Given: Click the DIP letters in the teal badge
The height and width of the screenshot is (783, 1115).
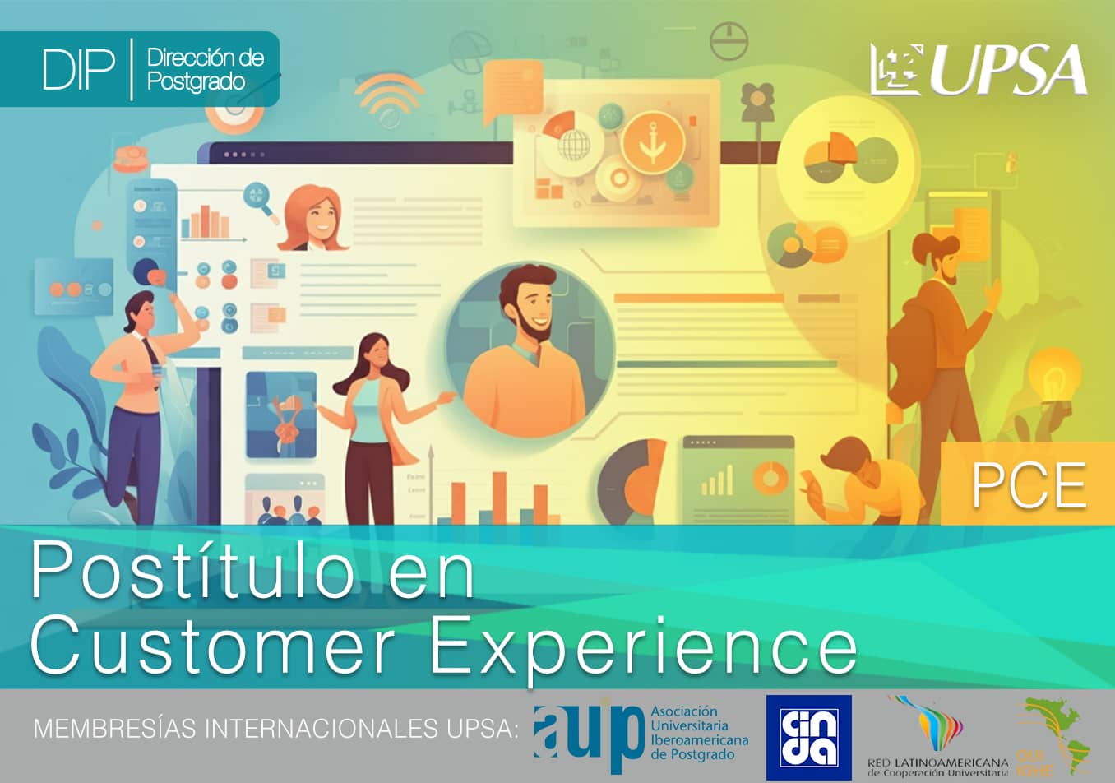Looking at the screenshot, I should point(78,70).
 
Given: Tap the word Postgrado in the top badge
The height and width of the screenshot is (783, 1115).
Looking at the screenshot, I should point(196,81).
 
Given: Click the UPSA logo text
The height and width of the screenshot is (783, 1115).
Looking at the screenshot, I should point(1008,71).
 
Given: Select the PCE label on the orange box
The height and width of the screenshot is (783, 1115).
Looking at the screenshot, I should point(1029,485).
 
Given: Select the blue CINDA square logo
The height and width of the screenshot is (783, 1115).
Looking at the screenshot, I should point(808,737).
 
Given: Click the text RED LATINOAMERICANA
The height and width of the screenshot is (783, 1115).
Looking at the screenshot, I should point(937,762).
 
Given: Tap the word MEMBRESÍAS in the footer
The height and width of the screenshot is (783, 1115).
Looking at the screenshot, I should point(114,729).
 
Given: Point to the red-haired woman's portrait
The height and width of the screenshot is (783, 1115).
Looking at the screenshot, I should point(312,218).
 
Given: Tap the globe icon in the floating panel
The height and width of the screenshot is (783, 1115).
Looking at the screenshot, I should point(574,146).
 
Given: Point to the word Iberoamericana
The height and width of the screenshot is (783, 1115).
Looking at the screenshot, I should point(699,739).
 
